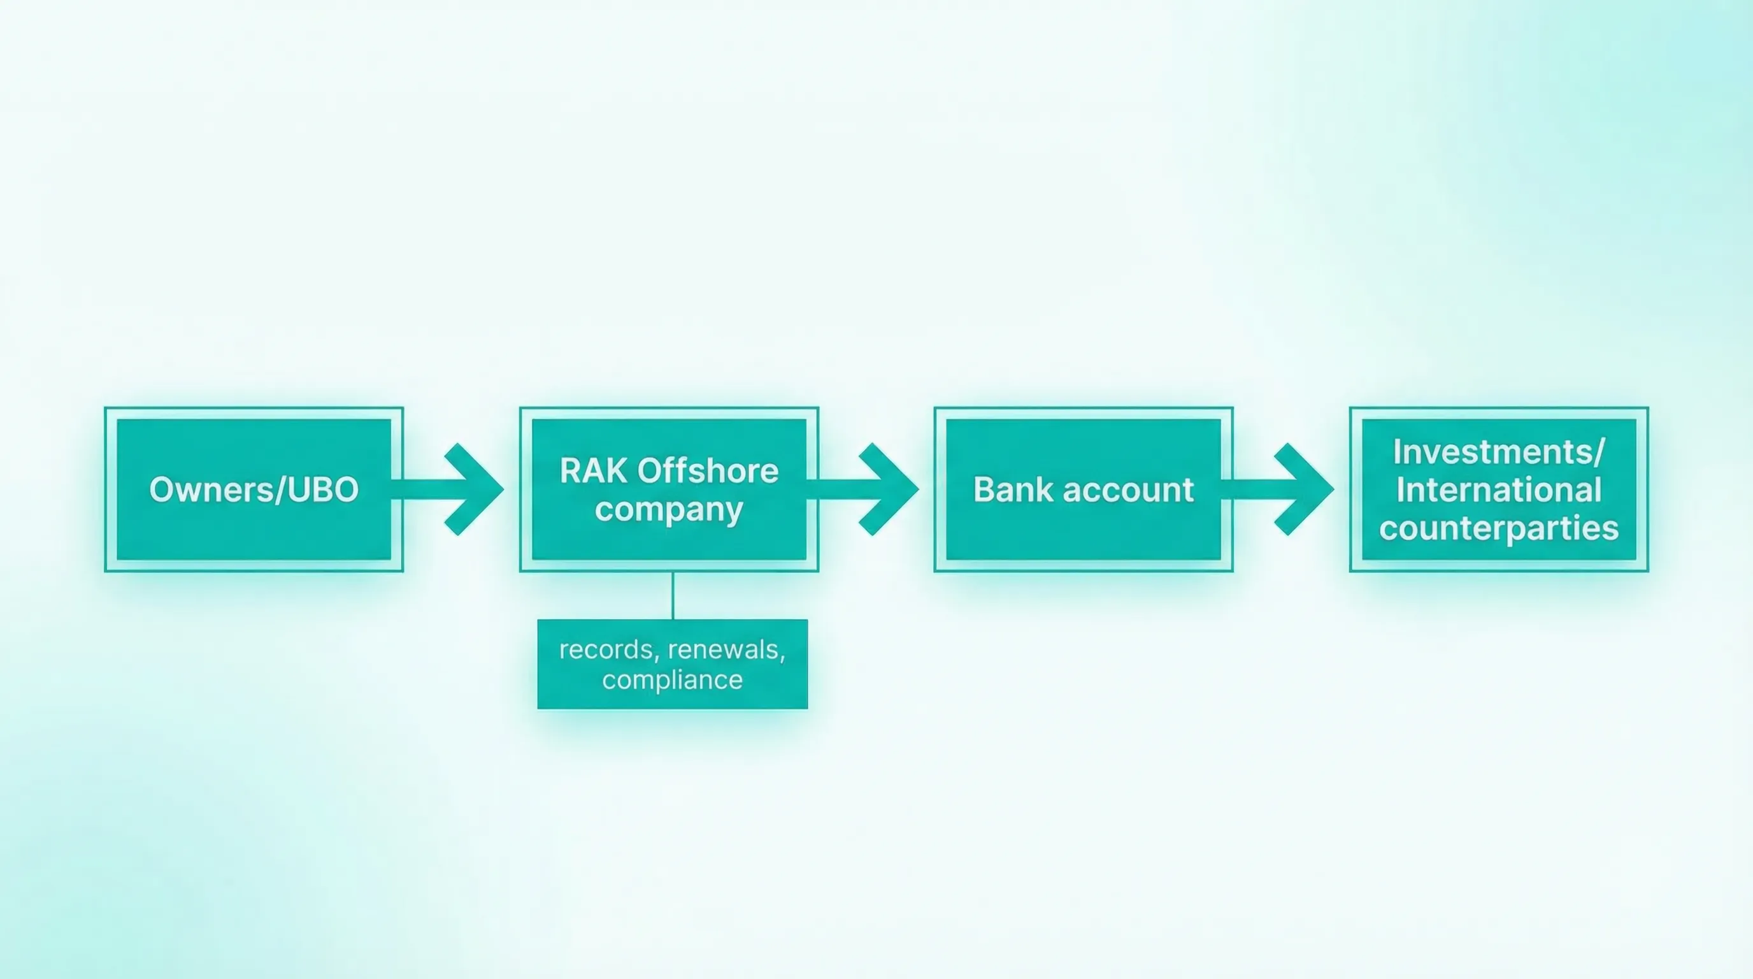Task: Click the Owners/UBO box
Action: click(x=254, y=489)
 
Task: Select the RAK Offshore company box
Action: click(x=669, y=489)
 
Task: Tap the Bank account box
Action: click(x=1084, y=489)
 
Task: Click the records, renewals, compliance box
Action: click(x=673, y=664)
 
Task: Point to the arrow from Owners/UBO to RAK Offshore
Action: click(x=447, y=489)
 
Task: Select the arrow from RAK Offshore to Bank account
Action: click(x=862, y=489)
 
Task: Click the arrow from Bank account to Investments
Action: click(x=1277, y=489)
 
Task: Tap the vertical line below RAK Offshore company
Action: click(x=673, y=596)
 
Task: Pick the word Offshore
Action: click(x=708, y=470)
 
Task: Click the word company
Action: click(x=669, y=510)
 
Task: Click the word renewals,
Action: click(x=727, y=649)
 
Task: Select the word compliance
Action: click(x=673, y=680)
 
